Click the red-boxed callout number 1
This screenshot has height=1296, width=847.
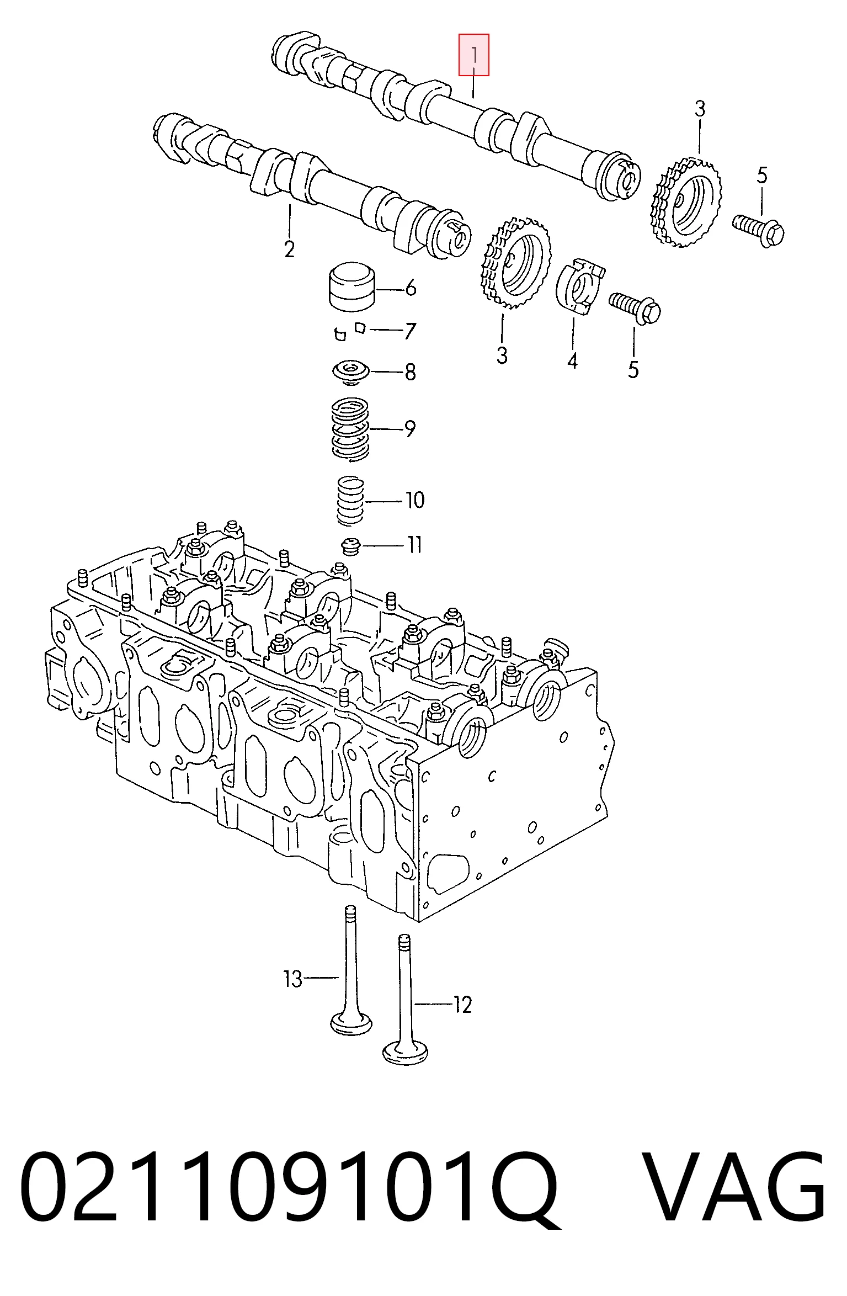[474, 55]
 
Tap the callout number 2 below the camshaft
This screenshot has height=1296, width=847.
[289, 249]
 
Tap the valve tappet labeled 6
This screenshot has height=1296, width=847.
[351, 287]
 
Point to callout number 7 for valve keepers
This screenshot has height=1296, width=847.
[409, 331]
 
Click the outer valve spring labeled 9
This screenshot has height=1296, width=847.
[350, 428]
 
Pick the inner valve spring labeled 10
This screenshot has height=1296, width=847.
[351, 500]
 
